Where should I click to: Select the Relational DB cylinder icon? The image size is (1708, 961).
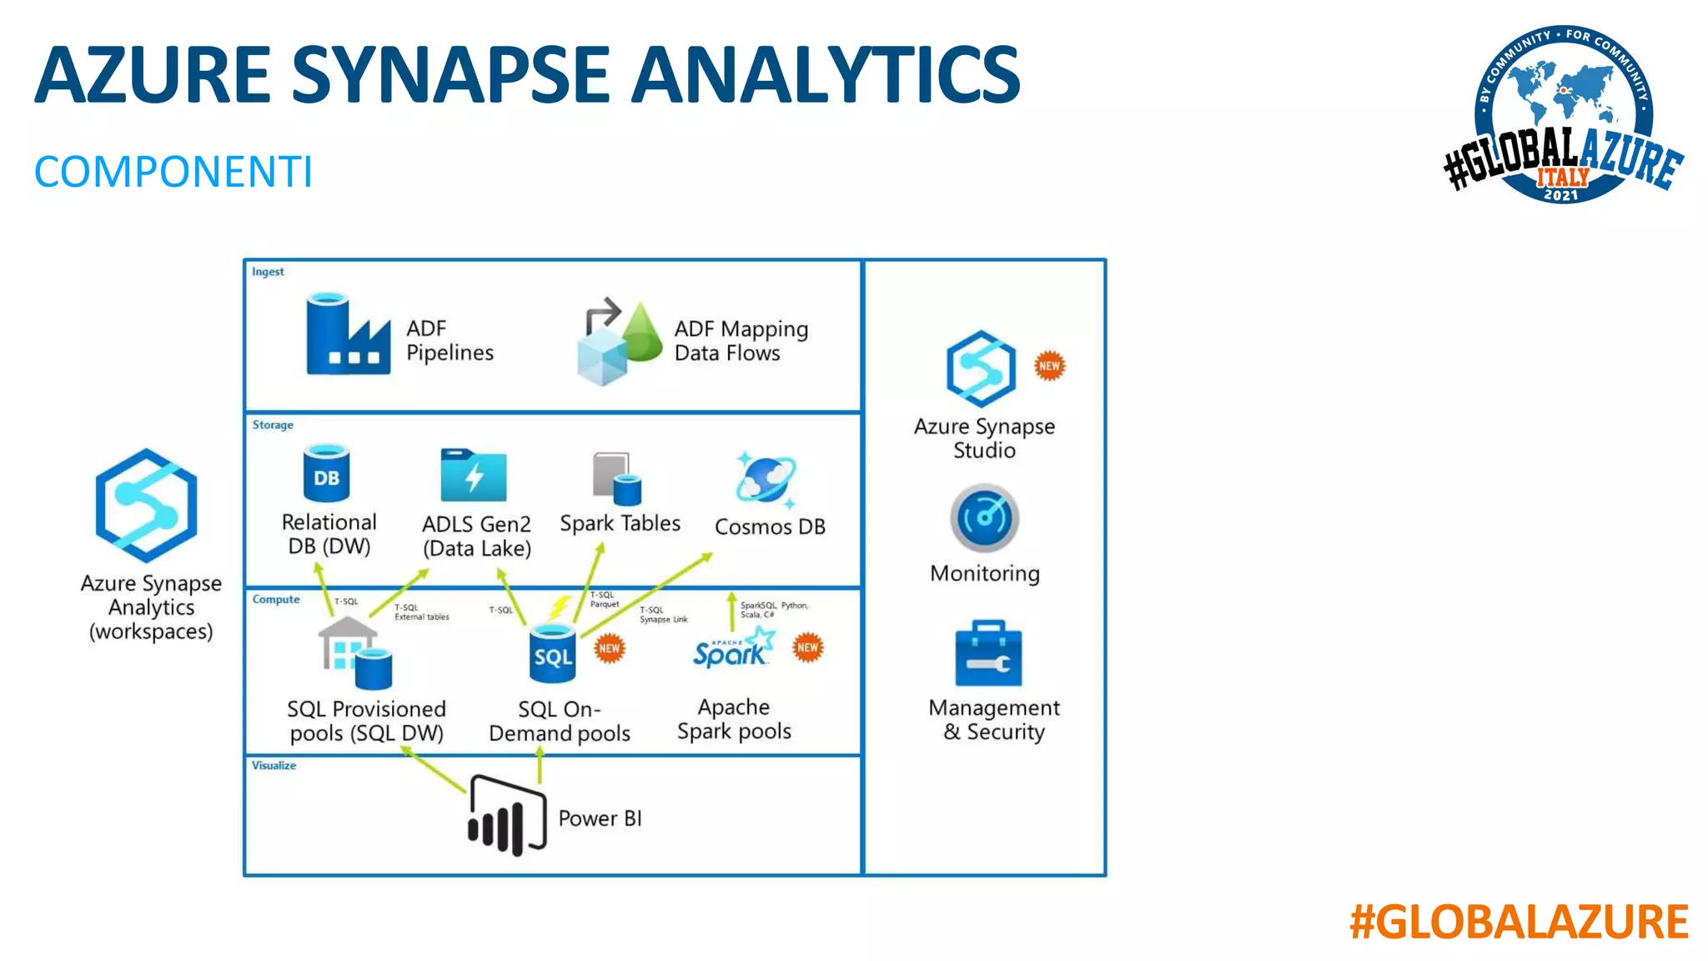(x=326, y=473)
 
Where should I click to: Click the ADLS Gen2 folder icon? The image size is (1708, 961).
(x=473, y=475)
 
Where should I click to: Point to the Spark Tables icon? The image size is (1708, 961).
(x=617, y=478)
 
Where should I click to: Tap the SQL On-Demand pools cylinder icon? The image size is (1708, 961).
(x=552, y=654)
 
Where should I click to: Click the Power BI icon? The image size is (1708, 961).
(x=507, y=815)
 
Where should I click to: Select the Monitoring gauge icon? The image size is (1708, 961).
(x=984, y=518)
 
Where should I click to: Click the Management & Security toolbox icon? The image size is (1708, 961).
(x=987, y=654)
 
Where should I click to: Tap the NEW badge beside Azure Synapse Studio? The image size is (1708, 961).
(x=1049, y=365)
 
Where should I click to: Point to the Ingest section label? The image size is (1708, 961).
(x=268, y=272)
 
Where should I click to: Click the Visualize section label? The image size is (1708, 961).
(x=274, y=766)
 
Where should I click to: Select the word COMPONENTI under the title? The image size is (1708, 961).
(x=173, y=172)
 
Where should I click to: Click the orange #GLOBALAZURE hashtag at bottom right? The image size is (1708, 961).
(x=1519, y=923)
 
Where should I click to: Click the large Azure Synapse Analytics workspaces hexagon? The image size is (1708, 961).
(x=147, y=506)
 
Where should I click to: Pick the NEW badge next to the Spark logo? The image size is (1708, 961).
(x=807, y=647)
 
